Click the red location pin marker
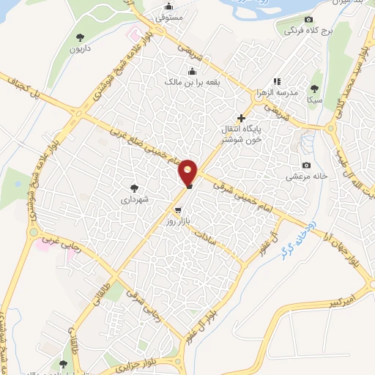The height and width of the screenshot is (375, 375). pyautogui.click(x=188, y=172)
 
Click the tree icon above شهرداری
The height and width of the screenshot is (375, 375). pyautogui.click(x=133, y=187)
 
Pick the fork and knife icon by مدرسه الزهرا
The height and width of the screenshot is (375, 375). pyautogui.click(x=276, y=81)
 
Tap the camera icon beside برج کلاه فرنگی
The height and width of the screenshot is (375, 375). pyautogui.click(x=308, y=19)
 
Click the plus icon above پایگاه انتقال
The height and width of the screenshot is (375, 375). pyautogui.click(x=241, y=118)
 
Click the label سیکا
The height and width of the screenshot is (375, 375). pyautogui.click(x=315, y=98)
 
